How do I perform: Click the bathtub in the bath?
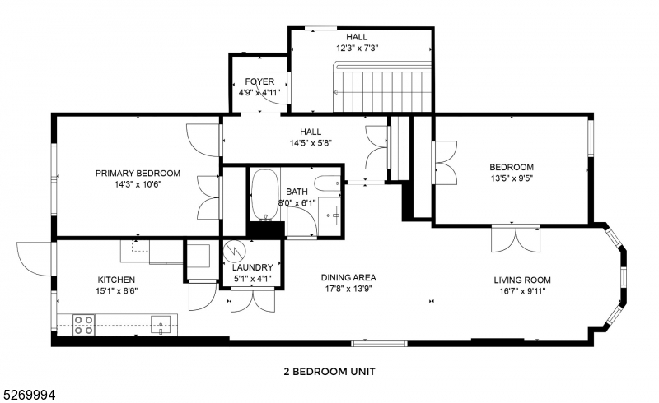point(264,195)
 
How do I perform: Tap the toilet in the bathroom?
point(327,183)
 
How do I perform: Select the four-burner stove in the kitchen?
point(83,326)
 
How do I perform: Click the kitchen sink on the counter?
point(161,325)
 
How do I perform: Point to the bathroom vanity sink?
point(329,215)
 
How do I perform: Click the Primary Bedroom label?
point(138,173)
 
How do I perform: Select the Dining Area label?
point(348,277)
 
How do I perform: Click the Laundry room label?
point(253,267)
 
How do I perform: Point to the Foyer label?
point(259,81)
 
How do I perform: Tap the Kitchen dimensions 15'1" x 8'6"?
point(117,291)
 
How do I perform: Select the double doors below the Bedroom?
point(516,239)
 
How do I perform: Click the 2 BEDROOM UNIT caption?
point(329,372)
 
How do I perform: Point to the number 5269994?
point(29,395)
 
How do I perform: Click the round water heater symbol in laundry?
point(233,251)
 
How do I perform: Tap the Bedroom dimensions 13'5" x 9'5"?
point(512,178)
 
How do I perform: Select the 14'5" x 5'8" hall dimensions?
point(311,143)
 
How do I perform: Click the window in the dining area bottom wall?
point(380,344)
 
